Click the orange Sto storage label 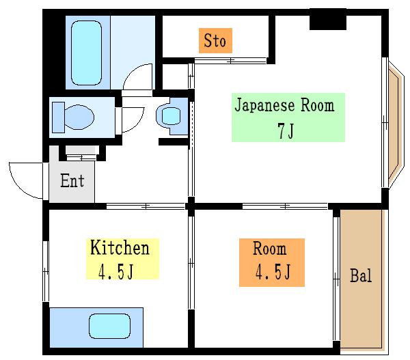point(215,40)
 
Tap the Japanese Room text point(284,105)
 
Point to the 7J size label point(286,130)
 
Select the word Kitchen point(120,247)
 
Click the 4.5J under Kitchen point(116,271)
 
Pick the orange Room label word point(270,249)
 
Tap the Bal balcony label point(361,275)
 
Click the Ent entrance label point(72,180)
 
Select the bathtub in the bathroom point(86,53)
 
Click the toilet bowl point(79,117)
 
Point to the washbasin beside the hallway point(172,116)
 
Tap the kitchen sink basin point(109,326)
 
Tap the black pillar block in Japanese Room point(328,19)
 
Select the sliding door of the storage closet point(230,61)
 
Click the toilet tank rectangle point(58,117)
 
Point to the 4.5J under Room point(273,272)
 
